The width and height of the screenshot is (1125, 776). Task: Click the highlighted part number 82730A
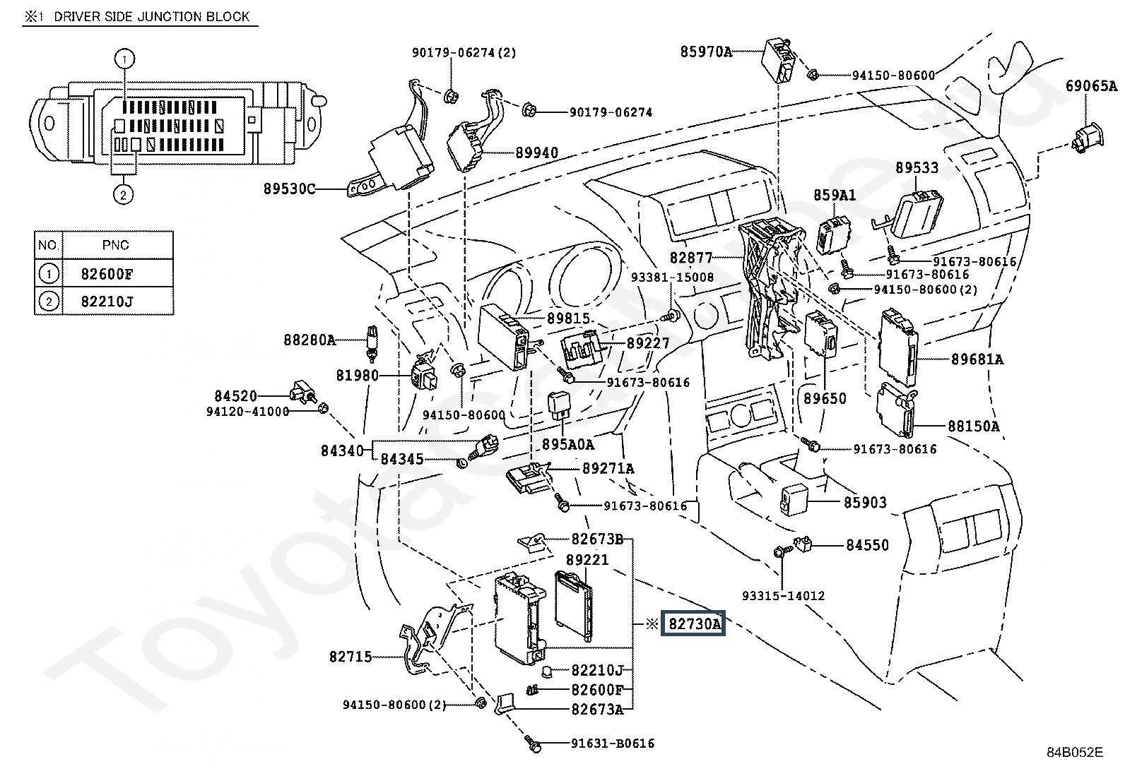click(693, 624)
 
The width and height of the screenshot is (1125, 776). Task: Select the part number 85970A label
click(706, 51)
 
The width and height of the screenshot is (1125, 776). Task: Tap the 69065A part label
click(1091, 87)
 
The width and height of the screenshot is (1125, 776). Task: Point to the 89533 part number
click(917, 168)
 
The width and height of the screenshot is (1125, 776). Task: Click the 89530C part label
click(289, 189)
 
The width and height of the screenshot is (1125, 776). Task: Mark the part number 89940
click(536, 153)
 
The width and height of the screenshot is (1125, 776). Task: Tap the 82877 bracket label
click(691, 258)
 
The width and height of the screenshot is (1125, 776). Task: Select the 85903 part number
click(864, 503)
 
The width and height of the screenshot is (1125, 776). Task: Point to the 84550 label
click(867, 545)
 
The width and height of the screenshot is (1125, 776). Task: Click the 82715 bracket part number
click(351, 657)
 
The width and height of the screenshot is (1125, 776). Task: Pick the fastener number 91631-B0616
click(612, 744)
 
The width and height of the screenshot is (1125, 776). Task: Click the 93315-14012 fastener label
click(783, 596)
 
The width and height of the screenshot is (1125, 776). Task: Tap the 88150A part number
click(973, 426)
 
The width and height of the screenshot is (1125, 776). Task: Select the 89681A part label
click(977, 359)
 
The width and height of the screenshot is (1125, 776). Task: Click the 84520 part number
click(236, 396)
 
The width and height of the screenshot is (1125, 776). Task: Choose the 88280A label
click(310, 340)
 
